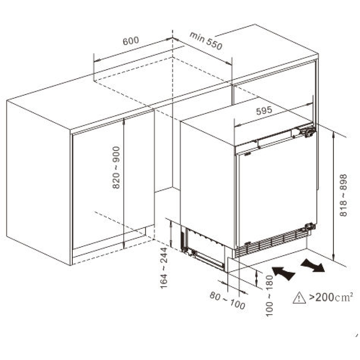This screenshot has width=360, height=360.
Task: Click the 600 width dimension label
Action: [x=130, y=41]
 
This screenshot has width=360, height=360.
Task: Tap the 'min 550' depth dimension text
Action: [x=206, y=41]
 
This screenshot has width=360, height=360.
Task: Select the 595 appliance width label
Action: [x=264, y=111]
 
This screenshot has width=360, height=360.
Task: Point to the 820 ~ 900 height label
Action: [x=116, y=167]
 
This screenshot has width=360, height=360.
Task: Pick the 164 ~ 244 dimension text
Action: [x=164, y=270]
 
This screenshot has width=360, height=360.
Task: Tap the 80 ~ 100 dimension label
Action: [x=227, y=300]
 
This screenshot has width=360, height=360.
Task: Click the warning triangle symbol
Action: [x=299, y=298]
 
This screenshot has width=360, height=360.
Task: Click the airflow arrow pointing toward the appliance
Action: [x=283, y=273]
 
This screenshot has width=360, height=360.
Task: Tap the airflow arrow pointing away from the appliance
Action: [x=313, y=265]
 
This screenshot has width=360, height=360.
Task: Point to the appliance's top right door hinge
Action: [x=308, y=132]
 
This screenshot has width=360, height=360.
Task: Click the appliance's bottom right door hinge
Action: [x=309, y=227]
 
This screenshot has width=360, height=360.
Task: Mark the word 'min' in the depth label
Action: [x=196, y=37]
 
